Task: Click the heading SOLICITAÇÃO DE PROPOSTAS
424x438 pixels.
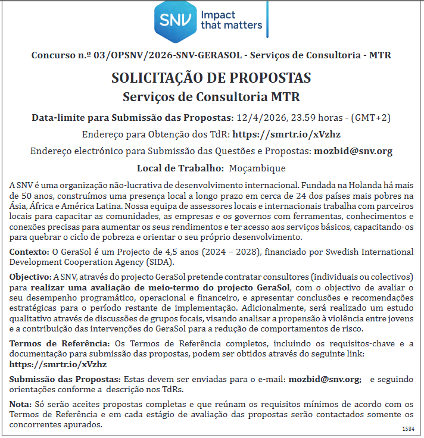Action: coord(211,78)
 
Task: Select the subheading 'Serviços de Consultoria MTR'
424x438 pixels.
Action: coord(211,96)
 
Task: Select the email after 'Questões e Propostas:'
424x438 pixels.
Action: coord(353,151)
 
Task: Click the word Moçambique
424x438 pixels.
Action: coord(257,168)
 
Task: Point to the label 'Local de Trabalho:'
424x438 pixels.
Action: coord(179,168)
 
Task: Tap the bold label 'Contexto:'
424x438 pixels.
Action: coord(29,252)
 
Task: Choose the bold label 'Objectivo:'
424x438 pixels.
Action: coord(30,277)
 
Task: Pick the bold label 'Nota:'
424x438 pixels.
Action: coord(21,404)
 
